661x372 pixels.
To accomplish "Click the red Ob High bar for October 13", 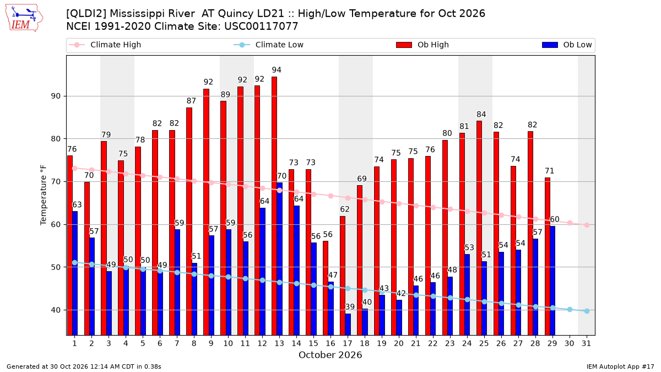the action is pos(274,206).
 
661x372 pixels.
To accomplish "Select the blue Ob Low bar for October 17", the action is pos(348,324).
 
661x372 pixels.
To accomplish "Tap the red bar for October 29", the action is pos(548,256).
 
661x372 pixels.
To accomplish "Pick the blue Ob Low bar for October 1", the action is pos(75,273).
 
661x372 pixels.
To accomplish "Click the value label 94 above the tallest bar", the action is pos(277,70).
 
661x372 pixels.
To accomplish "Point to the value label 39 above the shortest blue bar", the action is pos(350,307).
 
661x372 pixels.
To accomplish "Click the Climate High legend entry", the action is pos(105,45).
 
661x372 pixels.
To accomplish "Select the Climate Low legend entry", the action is pos(269,45).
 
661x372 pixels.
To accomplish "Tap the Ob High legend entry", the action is pos(422,45).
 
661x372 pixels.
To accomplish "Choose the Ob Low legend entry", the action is pos(567,45).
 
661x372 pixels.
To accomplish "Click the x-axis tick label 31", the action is pos(586,343).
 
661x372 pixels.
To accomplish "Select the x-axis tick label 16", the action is pos(330,343).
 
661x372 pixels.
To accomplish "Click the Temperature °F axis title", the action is pos(44,195).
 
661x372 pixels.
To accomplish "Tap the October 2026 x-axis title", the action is pos(330,355).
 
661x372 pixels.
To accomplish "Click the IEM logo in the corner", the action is pos(24,18).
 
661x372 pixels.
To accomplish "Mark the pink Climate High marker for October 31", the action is pos(587,225).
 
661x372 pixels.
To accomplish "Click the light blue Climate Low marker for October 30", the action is pos(570,309).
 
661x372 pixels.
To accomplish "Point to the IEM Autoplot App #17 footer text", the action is pos(620,366).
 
